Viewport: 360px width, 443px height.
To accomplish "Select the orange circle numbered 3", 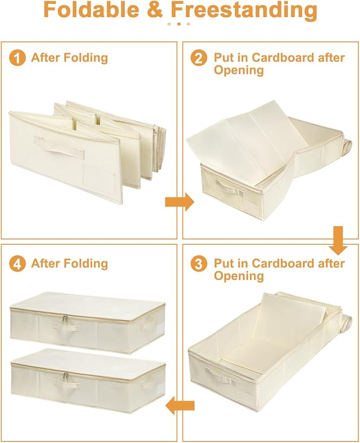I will (199, 264).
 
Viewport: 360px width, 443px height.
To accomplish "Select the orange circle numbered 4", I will (17, 264).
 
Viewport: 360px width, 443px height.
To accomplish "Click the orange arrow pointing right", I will (179, 202).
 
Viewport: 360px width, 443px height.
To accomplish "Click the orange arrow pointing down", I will (338, 240).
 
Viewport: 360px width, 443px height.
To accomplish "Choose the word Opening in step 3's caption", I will (239, 276).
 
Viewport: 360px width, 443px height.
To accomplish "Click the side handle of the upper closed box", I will (148, 324).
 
